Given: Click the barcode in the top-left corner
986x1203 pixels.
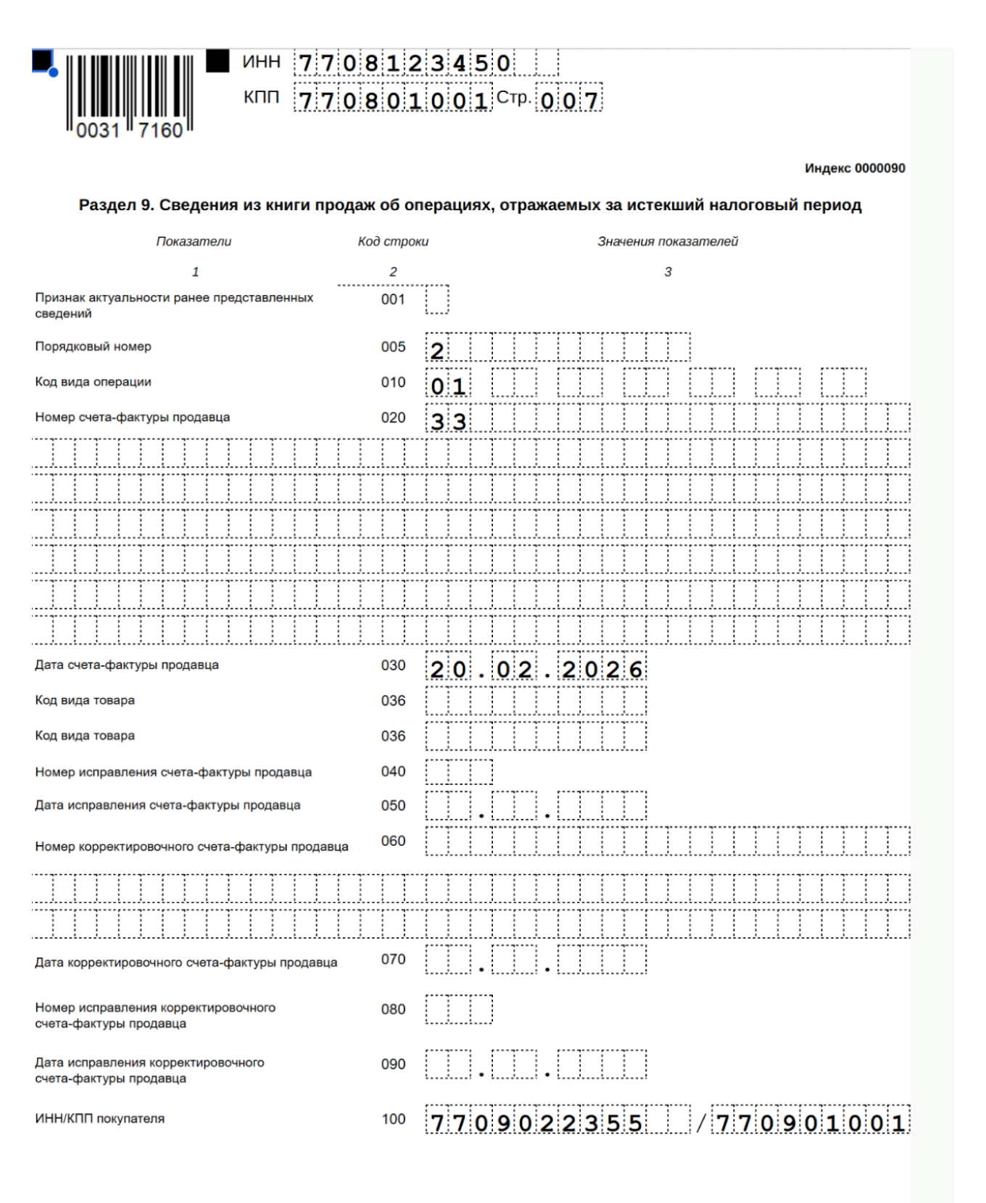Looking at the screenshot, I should (x=129, y=94).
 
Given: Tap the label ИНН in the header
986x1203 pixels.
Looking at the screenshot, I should (x=261, y=62).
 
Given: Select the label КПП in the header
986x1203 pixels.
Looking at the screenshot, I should (x=261, y=97).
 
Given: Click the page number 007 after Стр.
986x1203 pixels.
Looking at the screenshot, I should (x=570, y=100).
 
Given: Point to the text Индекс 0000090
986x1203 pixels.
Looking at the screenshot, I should (x=855, y=168).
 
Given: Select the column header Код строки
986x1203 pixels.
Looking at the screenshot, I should (x=393, y=241).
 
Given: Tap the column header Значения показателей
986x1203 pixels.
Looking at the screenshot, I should (x=668, y=241).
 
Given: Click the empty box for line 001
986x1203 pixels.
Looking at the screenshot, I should (x=437, y=299).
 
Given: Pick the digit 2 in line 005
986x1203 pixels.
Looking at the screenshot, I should (x=437, y=351).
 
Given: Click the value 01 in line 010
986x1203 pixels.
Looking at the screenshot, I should (x=448, y=386).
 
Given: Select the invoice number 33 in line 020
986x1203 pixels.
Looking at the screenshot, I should (x=448, y=421).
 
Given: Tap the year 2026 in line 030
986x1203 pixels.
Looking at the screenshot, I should (x=602, y=669).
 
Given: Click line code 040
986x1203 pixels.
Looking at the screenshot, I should (x=393, y=772).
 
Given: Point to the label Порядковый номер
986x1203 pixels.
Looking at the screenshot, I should (x=93, y=346).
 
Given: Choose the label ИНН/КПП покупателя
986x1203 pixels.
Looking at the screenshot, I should (x=100, y=1118).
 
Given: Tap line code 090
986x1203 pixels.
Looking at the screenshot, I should (x=393, y=1064).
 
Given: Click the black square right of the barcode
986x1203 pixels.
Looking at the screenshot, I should (x=217, y=61).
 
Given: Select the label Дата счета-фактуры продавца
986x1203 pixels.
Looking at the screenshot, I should (x=127, y=665).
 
